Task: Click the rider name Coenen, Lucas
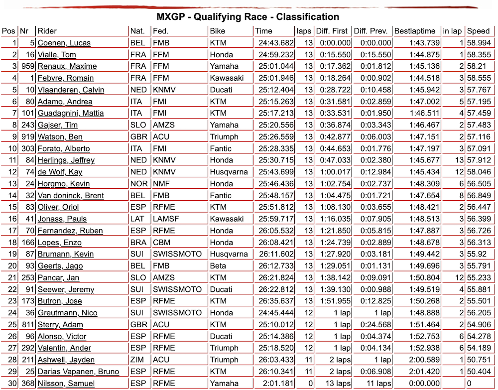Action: pos(64,43)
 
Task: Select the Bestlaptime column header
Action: pos(414,31)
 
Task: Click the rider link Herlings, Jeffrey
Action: pos(66,160)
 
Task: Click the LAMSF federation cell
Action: pos(165,219)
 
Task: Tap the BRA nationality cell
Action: pos(138,243)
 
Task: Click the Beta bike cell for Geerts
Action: pos(218,266)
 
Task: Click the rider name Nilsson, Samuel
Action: pos(66,384)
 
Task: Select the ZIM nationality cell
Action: pos(137,360)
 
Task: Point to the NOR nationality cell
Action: pos(138,184)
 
